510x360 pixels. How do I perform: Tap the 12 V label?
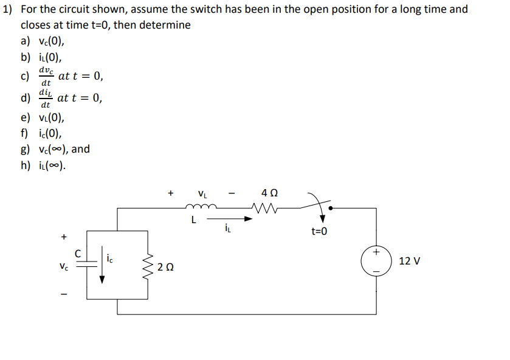(410, 261)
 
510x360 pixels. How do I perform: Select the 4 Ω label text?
(269, 193)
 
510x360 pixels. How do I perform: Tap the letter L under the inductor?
(193, 220)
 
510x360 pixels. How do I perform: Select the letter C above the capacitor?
(78, 251)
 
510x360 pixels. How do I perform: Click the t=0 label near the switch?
(319, 231)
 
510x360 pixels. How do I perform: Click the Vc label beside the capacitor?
(64, 266)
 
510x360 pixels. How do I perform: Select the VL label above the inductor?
(202, 195)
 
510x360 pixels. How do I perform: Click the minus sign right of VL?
(232, 195)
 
